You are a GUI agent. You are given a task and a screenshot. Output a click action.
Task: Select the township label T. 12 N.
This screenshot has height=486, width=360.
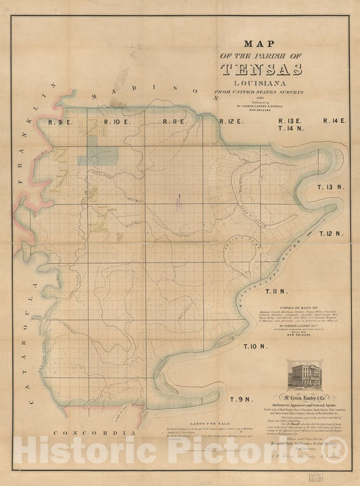click(x=332, y=233)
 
